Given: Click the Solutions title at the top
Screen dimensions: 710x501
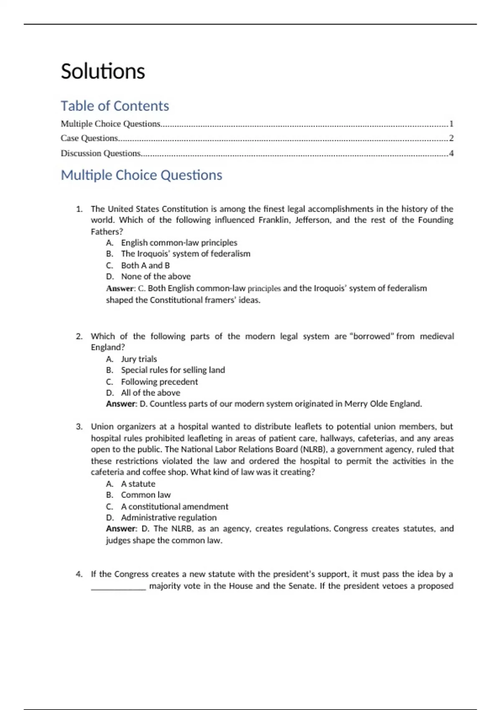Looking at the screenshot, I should [103, 71].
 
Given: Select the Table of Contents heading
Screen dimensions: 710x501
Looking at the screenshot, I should [115, 106].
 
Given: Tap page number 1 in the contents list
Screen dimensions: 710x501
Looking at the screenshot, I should [451, 124].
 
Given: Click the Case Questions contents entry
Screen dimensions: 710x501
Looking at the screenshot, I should [89, 138].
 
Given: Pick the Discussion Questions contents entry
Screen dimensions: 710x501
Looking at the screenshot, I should [101, 153].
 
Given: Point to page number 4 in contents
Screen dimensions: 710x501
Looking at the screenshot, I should [451, 153].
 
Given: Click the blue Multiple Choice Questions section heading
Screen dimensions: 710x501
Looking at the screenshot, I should [142, 175].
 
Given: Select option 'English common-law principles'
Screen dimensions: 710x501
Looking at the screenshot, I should [179, 243].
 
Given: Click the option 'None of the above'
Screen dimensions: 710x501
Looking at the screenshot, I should [156, 276].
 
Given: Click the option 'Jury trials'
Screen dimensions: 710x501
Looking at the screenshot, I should [139, 359].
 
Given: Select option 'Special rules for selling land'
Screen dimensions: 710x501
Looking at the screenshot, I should [173, 370].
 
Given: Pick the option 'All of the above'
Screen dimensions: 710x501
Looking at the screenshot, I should [151, 393].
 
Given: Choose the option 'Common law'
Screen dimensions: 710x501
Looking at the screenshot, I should [146, 495].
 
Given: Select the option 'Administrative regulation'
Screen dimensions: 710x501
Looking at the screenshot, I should [169, 517].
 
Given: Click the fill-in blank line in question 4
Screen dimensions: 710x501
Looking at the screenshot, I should [119, 587].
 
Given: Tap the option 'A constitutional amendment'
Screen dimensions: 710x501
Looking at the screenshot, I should [175, 507].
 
